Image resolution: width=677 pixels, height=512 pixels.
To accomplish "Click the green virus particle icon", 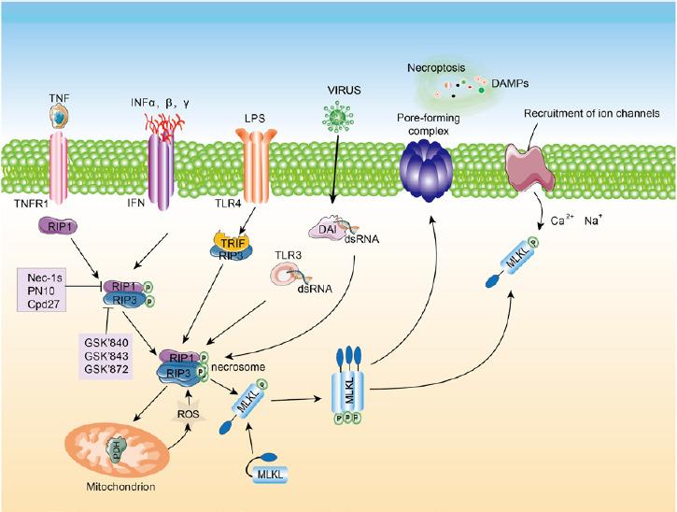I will point(334,121).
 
